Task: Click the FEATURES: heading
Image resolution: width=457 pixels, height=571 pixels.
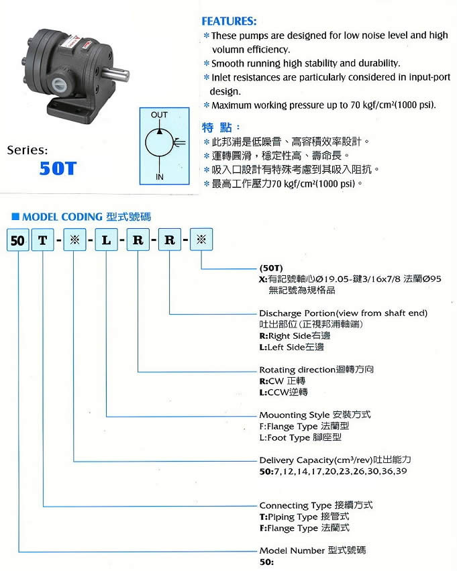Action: [x=229, y=21]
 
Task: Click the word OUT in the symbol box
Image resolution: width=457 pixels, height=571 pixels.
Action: [x=159, y=115]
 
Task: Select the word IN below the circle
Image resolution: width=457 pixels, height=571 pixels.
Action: [x=160, y=177]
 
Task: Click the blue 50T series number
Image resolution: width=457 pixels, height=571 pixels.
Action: [x=58, y=168]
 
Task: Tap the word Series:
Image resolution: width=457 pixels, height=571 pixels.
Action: [x=28, y=150]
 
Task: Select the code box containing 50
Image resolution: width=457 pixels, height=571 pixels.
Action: [x=17, y=240]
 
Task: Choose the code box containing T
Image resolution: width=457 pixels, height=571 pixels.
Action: [x=42, y=240]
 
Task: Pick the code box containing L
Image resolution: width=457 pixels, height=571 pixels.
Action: [x=106, y=240]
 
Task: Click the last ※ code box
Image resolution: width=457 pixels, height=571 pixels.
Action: [x=201, y=240]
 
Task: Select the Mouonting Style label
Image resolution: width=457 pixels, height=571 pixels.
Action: [x=295, y=415]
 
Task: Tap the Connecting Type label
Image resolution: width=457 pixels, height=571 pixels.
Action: [x=296, y=506]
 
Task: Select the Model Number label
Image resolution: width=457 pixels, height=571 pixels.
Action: [x=292, y=551]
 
